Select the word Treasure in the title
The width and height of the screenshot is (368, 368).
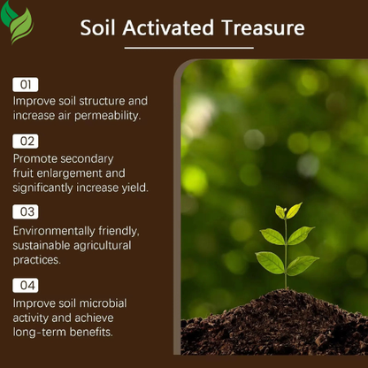[261, 27]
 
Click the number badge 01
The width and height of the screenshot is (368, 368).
[25, 84]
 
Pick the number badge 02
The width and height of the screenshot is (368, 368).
[25, 141]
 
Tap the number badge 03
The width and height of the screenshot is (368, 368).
[25, 211]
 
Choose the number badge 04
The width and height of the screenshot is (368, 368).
[25, 285]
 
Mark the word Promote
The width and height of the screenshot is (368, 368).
[34, 157]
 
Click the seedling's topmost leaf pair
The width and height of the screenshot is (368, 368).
[287, 211]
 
